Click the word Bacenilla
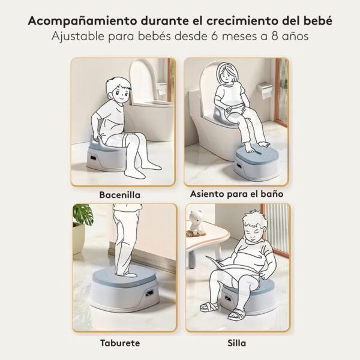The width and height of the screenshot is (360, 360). (x=119, y=195)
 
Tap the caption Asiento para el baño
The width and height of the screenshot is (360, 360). (x=237, y=194)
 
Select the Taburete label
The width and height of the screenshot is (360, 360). (x=120, y=343)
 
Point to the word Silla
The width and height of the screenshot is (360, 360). (x=237, y=343)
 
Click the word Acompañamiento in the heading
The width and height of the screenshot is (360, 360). (x=82, y=22)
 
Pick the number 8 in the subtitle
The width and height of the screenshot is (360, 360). (x=275, y=36)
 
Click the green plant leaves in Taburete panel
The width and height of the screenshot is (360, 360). (x=83, y=215)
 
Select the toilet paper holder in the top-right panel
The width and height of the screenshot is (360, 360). (x=265, y=90)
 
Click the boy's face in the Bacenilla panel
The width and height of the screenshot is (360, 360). (x=122, y=94)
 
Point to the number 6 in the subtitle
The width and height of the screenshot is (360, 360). (x=214, y=36)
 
